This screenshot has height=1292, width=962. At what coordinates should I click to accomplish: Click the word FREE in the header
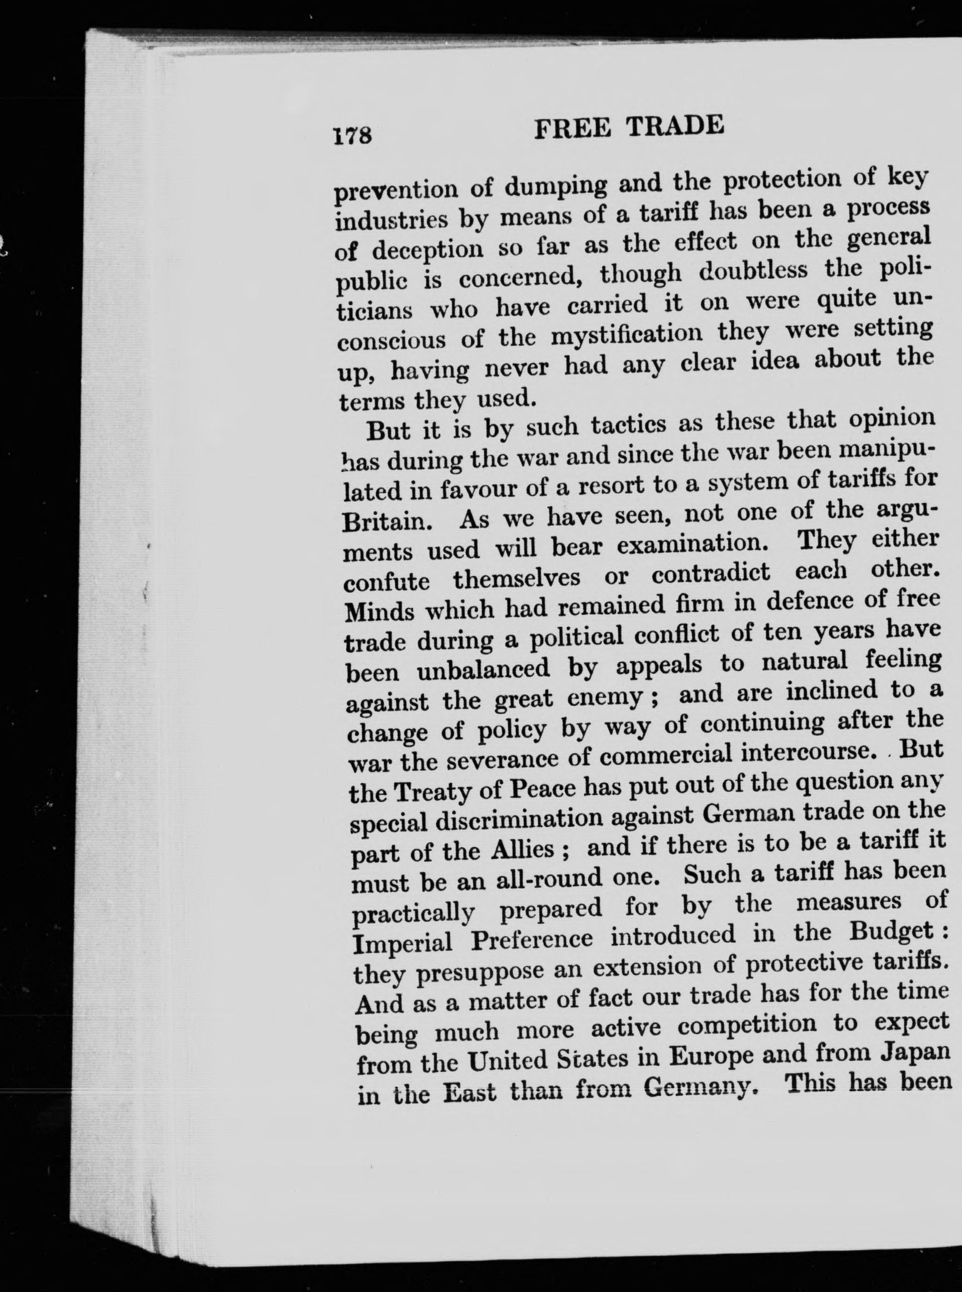coord(572,129)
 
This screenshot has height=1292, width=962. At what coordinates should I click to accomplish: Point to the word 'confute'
coord(387,582)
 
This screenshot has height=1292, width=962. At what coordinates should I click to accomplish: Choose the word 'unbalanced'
coord(483,668)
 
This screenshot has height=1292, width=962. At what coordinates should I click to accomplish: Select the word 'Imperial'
coord(402,942)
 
